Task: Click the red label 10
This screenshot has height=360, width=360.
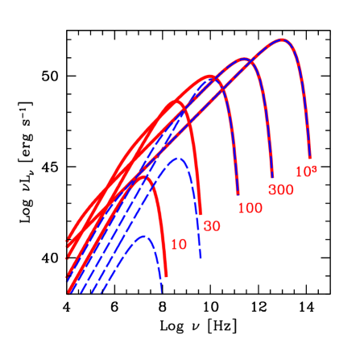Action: click(x=179, y=243)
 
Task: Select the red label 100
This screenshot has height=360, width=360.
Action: click(x=250, y=208)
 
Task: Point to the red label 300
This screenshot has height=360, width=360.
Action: click(x=281, y=190)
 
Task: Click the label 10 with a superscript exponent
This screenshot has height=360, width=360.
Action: click(x=304, y=172)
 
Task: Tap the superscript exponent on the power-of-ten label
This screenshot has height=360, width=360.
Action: click(x=312, y=168)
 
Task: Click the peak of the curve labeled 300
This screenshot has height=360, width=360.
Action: click(x=239, y=59)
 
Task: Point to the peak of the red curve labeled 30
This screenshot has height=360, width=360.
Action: click(x=172, y=104)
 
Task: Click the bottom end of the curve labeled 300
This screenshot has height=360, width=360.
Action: click(x=273, y=176)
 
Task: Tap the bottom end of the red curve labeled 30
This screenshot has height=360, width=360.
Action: click(x=200, y=213)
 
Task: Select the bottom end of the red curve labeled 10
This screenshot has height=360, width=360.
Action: click(x=166, y=276)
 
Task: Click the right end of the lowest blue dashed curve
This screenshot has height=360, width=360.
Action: click(x=162, y=292)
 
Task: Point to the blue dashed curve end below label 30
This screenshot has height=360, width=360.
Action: click(x=200, y=259)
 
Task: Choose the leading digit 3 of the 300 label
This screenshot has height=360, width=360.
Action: click(x=272, y=190)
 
